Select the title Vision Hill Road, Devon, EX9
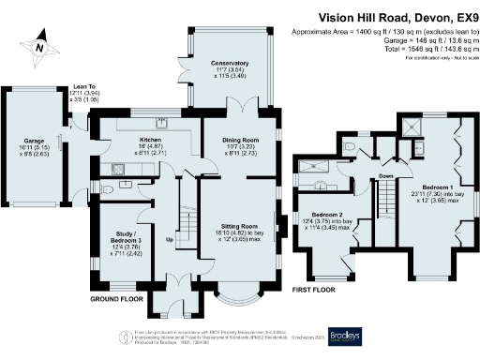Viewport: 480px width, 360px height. pyautogui.click(x=397, y=17)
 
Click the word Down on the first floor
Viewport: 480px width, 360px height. pyautogui.click(x=384, y=174)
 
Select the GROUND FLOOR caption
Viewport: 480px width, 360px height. pyautogui.click(x=116, y=298)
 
